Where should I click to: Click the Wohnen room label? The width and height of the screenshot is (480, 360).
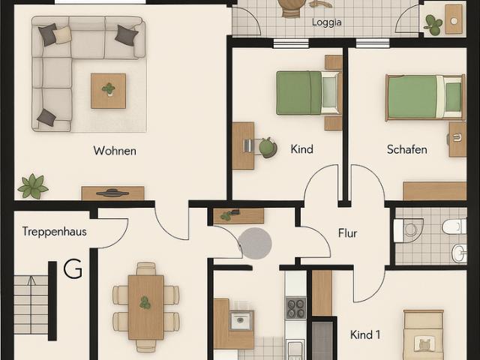pyautogui.click(x=115, y=151)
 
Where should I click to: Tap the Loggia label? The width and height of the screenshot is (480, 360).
pyautogui.click(x=326, y=22)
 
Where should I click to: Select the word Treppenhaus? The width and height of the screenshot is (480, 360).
pyautogui.click(x=54, y=232)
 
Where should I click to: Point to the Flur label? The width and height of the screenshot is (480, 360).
pyautogui.click(x=347, y=233)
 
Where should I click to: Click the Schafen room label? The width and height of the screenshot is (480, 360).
pyautogui.click(x=406, y=149)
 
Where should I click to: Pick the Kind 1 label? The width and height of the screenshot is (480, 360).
pyautogui.click(x=365, y=334)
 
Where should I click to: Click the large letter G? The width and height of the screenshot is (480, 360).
pyautogui.click(x=73, y=268)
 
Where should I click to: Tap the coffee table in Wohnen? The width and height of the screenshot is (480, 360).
pyautogui.click(x=109, y=91)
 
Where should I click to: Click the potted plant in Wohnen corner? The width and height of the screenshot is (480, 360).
pyautogui.click(x=33, y=185)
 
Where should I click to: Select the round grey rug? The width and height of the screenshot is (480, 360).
pyautogui.click(x=255, y=243)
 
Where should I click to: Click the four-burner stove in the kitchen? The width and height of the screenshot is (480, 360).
pyautogui.click(x=295, y=307)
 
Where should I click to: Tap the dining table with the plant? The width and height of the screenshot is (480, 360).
pyautogui.click(x=145, y=307)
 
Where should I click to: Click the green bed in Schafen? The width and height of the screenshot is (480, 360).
pyautogui.click(x=424, y=97)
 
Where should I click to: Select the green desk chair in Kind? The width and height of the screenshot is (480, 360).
pyautogui.click(x=268, y=147)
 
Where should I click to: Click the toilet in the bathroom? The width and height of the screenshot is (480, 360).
pyautogui.click(x=454, y=226)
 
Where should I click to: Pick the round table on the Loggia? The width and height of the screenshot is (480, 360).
pyautogui.click(x=290, y=6)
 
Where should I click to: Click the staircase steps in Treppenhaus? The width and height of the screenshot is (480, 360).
pyautogui.click(x=31, y=304)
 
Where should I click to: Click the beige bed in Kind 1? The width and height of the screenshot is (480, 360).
pyautogui.click(x=423, y=336)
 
